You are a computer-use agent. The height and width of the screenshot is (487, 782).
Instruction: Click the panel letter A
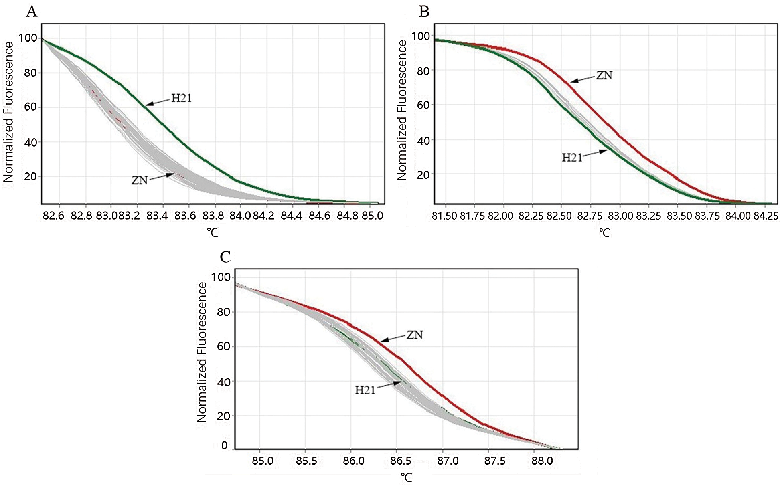tap(32, 12)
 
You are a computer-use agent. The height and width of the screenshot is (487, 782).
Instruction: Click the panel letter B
tap(424, 12)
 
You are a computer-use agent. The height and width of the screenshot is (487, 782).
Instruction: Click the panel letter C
tap(225, 257)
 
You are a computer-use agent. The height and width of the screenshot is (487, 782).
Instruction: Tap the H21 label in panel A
tap(182, 98)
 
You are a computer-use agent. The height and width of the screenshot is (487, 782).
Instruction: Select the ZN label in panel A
tap(140, 180)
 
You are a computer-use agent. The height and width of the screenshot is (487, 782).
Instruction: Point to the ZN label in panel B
tap(604, 75)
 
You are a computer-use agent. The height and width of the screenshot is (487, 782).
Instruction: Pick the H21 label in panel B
tap(572, 158)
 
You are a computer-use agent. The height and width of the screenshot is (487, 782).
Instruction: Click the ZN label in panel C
tap(415, 335)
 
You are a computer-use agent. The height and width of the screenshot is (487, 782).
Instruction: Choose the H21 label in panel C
tap(365, 390)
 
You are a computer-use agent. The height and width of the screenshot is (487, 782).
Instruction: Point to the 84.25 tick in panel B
tap(766, 216)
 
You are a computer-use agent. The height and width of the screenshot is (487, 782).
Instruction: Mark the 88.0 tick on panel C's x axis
tap(542, 461)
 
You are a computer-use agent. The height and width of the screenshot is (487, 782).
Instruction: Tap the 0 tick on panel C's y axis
tap(224, 446)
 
